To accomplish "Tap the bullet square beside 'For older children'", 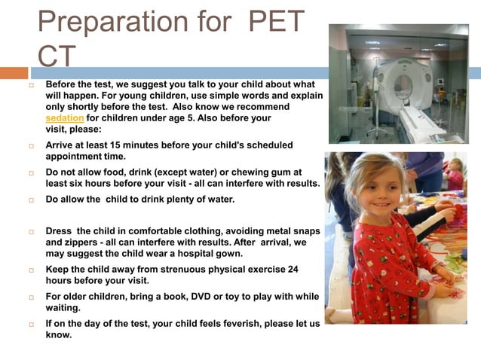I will pos(32,297).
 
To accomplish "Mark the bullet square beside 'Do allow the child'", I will pos(32,199).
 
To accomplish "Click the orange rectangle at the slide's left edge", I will pos(14,73).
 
